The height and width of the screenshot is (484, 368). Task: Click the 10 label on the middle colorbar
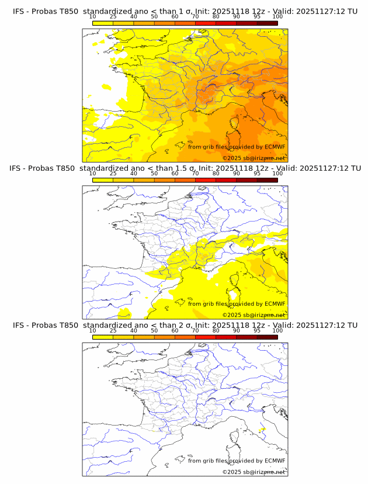tap(92, 174)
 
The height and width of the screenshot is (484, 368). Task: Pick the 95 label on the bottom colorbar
tap(257, 330)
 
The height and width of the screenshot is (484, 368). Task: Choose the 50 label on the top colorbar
tap(154, 17)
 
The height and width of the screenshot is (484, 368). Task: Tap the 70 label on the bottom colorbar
tap(195, 330)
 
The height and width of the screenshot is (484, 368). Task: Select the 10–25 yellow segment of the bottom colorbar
tap(102, 337)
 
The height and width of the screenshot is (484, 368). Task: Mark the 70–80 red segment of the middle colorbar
tap(205, 181)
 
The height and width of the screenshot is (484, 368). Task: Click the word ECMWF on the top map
tap(275, 147)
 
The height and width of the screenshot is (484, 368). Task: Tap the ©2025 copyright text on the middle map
tap(232, 314)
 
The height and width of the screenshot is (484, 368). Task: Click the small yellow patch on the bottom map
tap(262, 430)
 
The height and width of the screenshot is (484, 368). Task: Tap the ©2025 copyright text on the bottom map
tap(232, 472)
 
